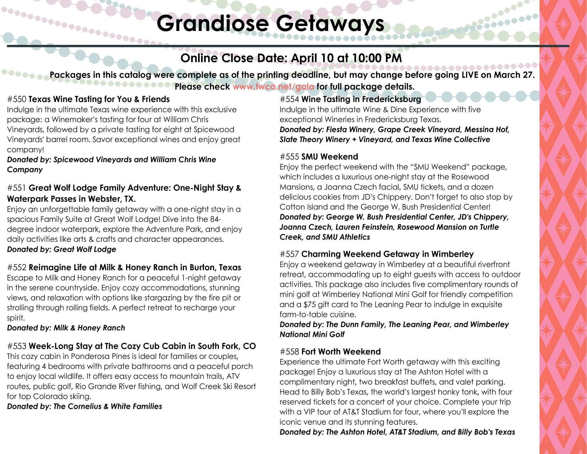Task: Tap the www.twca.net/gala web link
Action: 273,87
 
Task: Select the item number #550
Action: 16,99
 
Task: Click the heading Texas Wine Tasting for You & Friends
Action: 99,99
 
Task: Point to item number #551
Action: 16,188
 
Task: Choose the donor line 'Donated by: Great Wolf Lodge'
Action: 62,249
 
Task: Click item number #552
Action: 16,267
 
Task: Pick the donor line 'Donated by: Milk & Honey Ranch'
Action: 66,328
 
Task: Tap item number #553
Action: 16,346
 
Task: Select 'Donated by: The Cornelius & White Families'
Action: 84,406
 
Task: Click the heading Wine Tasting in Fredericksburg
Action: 361,99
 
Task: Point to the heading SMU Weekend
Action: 329,157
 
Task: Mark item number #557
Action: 289,254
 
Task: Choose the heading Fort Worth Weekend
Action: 341,352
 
